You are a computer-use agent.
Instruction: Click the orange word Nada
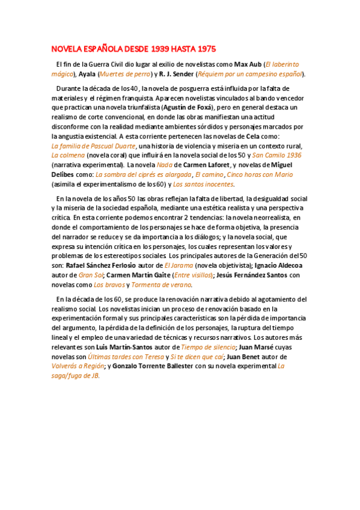click(165, 165)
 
